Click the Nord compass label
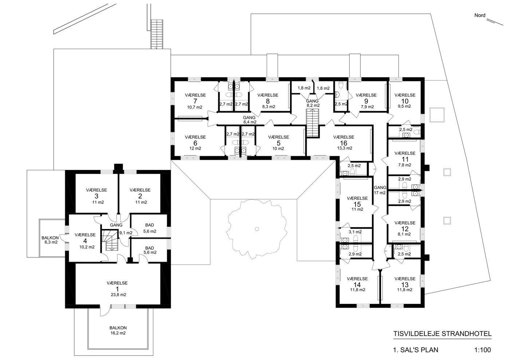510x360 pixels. pyautogui.click(x=480, y=16)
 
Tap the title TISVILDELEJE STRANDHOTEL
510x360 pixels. pyautogui.click(x=442, y=334)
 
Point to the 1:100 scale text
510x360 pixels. pyautogui.click(x=482, y=350)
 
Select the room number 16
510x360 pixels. pyautogui.click(x=344, y=143)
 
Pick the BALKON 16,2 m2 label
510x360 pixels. pyautogui.click(x=118, y=331)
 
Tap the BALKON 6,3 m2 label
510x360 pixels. pyautogui.click(x=50, y=240)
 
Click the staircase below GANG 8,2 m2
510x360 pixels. pyautogui.click(x=313, y=123)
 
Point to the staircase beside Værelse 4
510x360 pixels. pyautogui.click(x=110, y=240)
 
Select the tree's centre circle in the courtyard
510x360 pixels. pyautogui.click(x=257, y=229)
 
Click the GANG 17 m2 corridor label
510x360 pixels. pyautogui.click(x=380, y=190)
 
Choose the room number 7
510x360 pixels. pyautogui.click(x=195, y=101)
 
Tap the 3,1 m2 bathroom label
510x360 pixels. pyautogui.click(x=355, y=232)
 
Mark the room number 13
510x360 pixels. pyautogui.click(x=405, y=285)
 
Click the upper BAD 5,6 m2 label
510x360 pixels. pyautogui.click(x=150, y=228)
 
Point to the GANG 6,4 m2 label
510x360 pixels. pyautogui.click(x=250, y=120)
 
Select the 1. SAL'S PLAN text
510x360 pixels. pyautogui.click(x=416, y=350)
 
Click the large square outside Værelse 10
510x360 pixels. pyautogui.click(x=437, y=115)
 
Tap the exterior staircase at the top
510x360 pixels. pyautogui.click(x=157, y=34)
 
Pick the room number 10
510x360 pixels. pyautogui.click(x=405, y=101)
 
